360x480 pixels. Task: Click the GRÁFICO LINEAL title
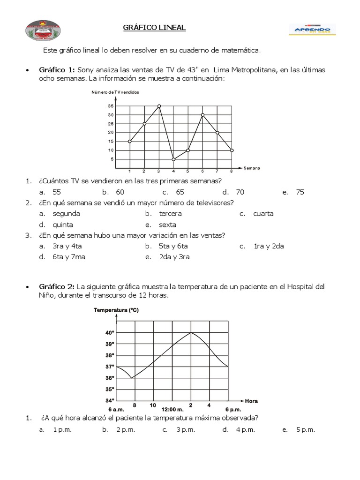[x=154, y=28]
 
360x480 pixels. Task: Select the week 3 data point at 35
[x=159, y=106]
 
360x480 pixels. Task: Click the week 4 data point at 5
[x=173, y=159]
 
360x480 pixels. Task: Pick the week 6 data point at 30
[x=202, y=115]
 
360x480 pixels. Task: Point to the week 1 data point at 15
[x=129, y=142]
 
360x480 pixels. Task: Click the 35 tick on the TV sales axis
[x=111, y=106]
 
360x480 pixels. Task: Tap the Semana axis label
[x=252, y=168]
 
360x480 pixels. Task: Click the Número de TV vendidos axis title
[x=115, y=92]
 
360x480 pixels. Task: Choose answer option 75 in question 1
[x=300, y=192]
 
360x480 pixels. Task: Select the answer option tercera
[x=170, y=214]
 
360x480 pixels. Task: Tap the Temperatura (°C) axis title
[x=116, y=310]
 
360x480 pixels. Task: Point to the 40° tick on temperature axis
[x=110, y=333]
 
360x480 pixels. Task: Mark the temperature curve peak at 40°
[x=191, y=333]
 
